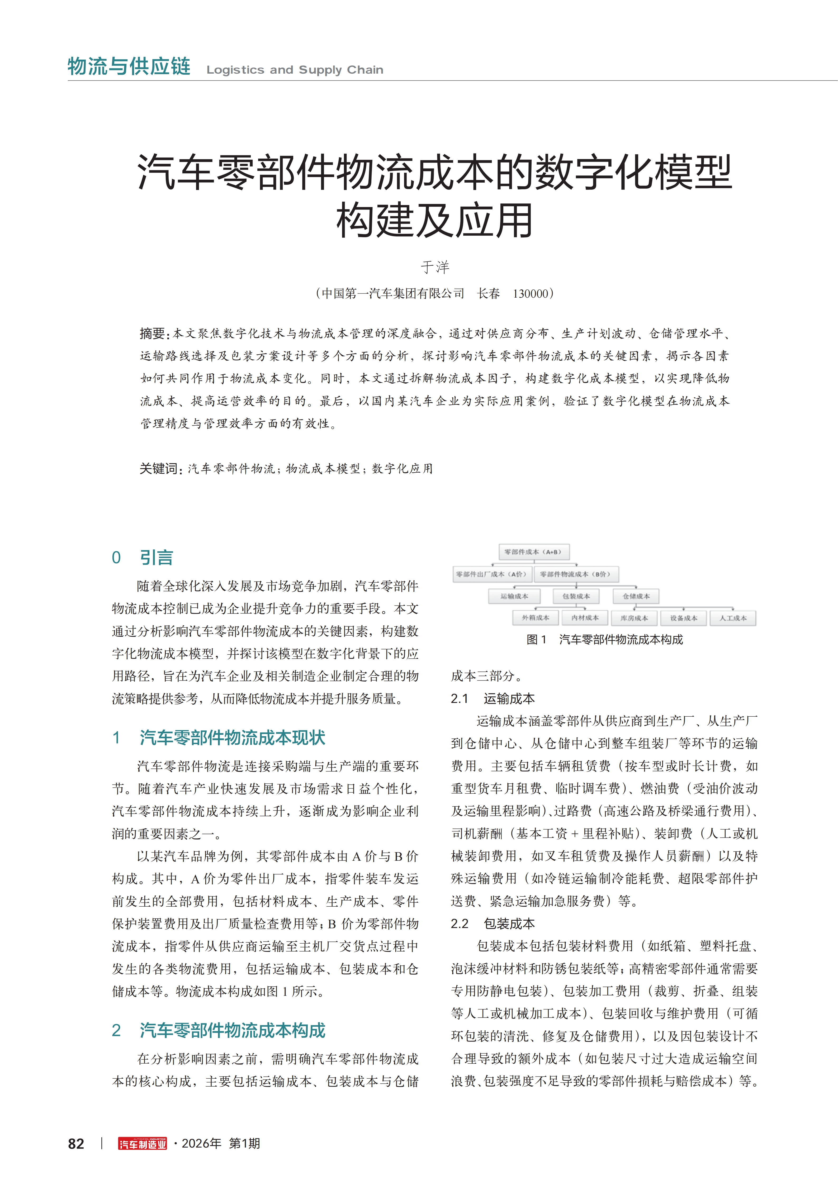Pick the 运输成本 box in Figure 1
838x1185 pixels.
click(514, 596)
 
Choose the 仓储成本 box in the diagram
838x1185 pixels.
click(636, 596)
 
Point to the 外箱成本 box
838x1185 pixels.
click(536, 618)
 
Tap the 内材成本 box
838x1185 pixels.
click(585, 618)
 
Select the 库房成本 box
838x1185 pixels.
click(634, 618)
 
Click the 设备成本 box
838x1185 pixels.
click(684, 618)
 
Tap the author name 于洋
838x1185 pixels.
click(435, 267)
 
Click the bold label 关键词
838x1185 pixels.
click(159, 469)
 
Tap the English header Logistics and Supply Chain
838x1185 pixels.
click(295, 70)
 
